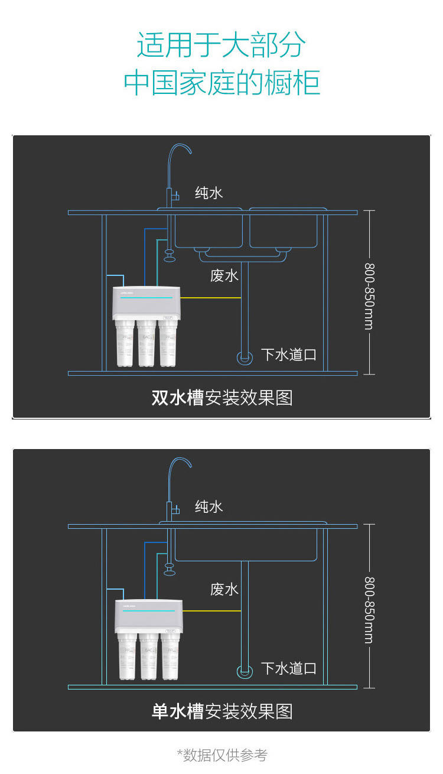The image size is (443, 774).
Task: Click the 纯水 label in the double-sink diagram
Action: pyautogui.click(x=209, y=193)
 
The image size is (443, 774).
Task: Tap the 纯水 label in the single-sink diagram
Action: pyautogui.click(x=209, y=506)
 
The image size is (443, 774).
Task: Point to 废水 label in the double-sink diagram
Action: pyautogui.click(x=224, y=276)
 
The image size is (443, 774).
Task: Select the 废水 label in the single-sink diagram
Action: pyautogui.click(x=224, y=589)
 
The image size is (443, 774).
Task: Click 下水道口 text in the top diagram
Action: pyautogui.click(x=289, y=355)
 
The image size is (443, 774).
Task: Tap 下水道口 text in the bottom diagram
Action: pyautogui.click(x=289, y=668)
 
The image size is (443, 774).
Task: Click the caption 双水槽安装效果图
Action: pyautogui.click(x=222, y=398)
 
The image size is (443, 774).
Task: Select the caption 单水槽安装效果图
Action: pyautogui.click(x=222, y=711)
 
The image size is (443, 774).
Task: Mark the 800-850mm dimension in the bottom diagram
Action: pyautogui.click(x=369, y=610)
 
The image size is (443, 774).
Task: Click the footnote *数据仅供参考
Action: pyautogui.click(x=222, y=755)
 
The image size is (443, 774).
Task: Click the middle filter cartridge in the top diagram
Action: pyautogui.click(x=146, y=345)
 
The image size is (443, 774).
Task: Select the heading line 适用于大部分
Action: pyautogui.click(x=221, y=45)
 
